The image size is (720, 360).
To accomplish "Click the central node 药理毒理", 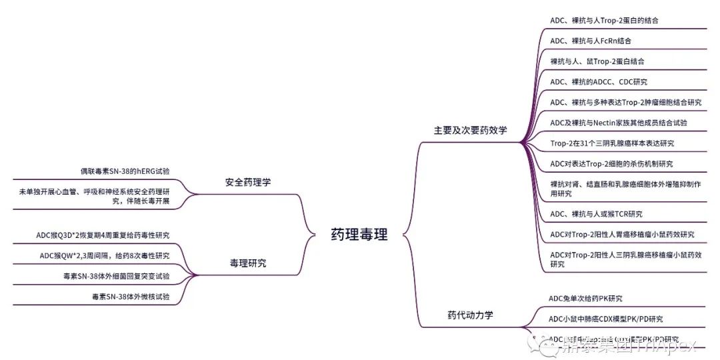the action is [359, 234].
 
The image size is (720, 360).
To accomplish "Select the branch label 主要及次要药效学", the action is [470, 131].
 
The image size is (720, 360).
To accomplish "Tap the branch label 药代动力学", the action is [470, 315].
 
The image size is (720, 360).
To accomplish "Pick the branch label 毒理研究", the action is [243, 263].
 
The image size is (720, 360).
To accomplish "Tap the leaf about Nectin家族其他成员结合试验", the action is [618, 123].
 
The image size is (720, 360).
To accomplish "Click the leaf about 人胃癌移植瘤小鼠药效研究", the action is [622, 235].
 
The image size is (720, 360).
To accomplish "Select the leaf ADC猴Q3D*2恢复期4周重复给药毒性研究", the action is [103, 235].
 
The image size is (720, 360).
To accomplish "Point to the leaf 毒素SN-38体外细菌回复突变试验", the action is [116, 276].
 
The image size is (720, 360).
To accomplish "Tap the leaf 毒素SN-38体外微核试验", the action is [131, 297].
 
